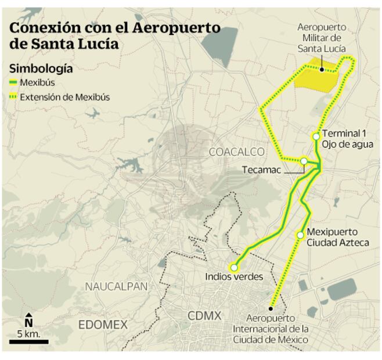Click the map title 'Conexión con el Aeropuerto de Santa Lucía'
(x=114, y=35)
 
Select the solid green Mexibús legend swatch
(x=13, y=82)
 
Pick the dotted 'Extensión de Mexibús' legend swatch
(x=13, y=97)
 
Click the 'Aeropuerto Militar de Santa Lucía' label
(x=321, y=38)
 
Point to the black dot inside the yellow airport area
(x=321, y=70)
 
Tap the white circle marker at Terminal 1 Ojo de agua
(x=316, y=136)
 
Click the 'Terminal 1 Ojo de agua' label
(x=347, y=139)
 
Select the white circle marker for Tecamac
(x=304, y=161)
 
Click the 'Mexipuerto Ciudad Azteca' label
(x=337, y=236)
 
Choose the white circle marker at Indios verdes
(x=234, y=268)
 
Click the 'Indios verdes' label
(x=234, y=277)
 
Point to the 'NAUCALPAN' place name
(x=116, y=286)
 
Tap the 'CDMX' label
(x=204, y=316)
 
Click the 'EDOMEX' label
(x=103, y=325)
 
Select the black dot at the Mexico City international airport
(x=271, y=308)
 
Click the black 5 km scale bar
(x=28, y=341)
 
